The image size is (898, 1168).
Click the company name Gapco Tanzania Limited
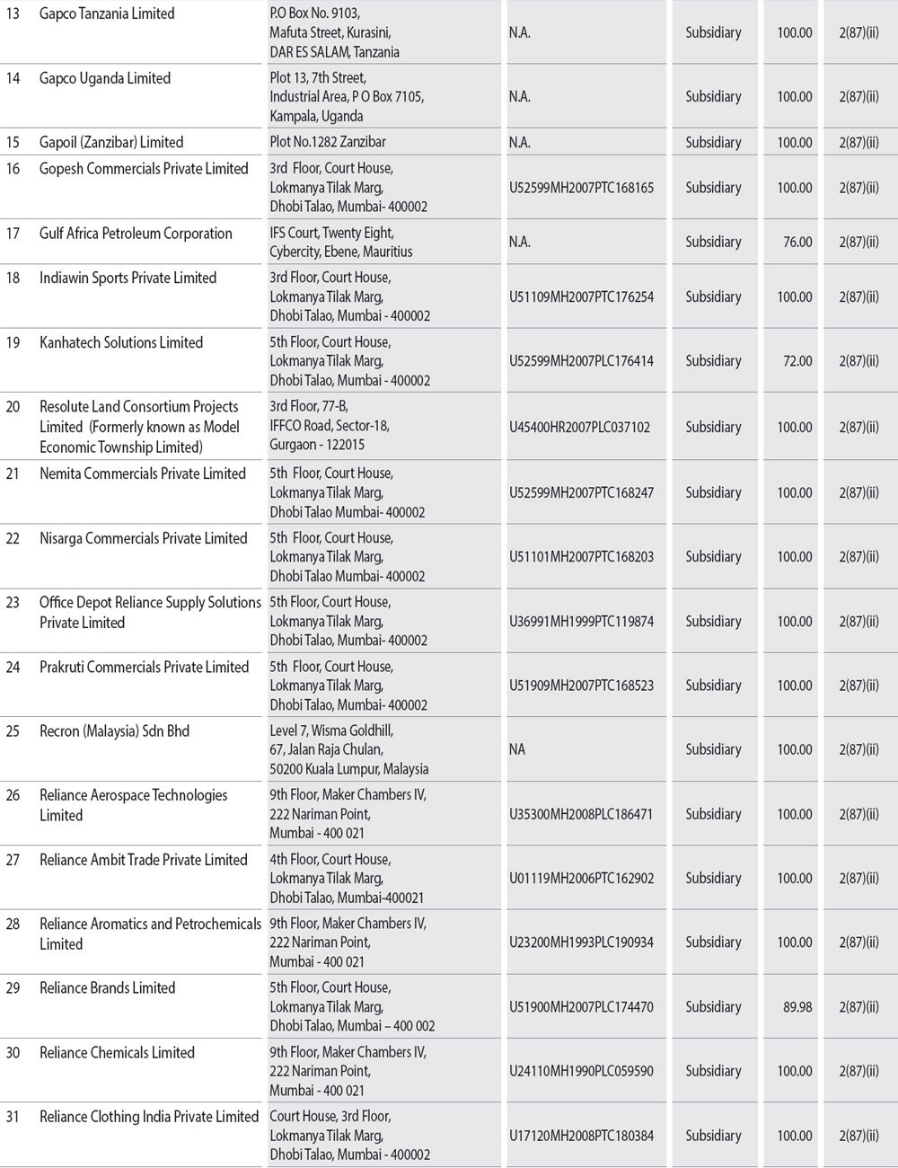107,13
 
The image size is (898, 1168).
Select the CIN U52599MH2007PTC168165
581,188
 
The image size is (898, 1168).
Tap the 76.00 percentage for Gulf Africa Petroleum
797,242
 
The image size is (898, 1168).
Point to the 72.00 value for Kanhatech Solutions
797,361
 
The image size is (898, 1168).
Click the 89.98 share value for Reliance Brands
797,1007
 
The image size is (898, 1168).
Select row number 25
13,731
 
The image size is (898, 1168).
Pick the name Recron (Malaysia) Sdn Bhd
114,731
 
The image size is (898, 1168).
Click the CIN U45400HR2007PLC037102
579,428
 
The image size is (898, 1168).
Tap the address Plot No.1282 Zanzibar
328,142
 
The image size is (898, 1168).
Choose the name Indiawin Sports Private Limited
128,278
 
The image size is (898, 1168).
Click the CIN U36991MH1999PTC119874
581,622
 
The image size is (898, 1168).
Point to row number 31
13,1117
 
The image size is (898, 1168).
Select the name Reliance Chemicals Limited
117,1052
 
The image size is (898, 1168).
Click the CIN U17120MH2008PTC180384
581,1136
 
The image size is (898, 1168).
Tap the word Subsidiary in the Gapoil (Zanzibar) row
713,142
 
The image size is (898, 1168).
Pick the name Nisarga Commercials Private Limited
143,538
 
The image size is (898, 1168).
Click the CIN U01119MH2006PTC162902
581,879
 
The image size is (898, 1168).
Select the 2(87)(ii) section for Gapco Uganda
858,97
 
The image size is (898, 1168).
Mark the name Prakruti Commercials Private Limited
144,667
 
